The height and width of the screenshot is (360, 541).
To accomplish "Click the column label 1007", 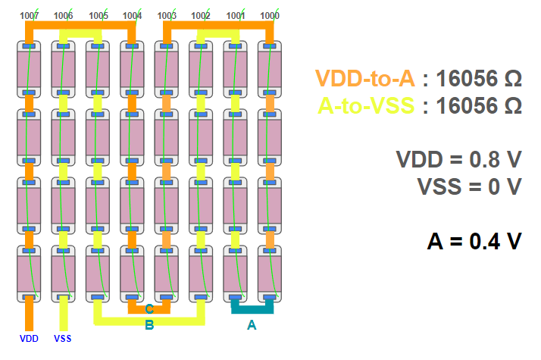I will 30,15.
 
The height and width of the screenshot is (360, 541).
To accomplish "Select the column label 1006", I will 64,15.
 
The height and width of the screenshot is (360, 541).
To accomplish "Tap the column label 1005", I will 99,15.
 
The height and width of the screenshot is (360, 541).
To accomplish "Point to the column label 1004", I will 133,15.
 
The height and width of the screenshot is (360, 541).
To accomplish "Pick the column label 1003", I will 167,15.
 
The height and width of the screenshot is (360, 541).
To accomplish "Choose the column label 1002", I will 202,15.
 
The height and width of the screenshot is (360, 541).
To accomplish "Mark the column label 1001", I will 236,15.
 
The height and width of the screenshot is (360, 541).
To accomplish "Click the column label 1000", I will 270,15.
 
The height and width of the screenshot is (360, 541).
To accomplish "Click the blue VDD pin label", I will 29,338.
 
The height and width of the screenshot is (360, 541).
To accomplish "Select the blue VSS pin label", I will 63,338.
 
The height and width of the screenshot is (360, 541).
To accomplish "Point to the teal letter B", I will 149,325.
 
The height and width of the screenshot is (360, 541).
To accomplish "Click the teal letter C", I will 149,309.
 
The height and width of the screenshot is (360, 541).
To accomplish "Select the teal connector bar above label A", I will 252,308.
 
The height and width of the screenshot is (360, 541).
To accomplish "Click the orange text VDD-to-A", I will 364,79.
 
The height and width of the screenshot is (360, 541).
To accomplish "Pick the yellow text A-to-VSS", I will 366,105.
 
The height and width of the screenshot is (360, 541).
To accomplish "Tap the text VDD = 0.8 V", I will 458,160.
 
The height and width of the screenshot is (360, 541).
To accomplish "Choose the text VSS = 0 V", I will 469,186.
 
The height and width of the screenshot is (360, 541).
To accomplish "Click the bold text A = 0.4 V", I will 474,241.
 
